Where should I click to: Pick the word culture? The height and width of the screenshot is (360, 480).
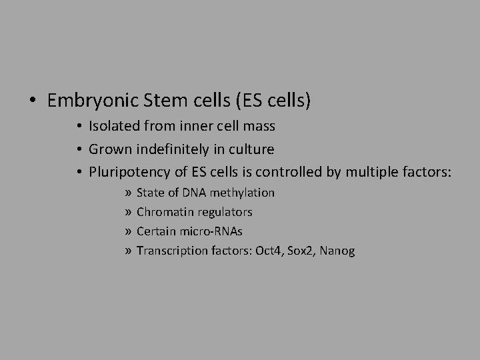coord(253,149)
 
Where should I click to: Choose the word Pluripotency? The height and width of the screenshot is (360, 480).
coord(127,173)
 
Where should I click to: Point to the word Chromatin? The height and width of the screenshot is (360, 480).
coord(163,212)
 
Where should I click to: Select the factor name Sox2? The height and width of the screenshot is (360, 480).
coord(297,251)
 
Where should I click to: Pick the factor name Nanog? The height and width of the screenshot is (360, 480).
coord(337,251)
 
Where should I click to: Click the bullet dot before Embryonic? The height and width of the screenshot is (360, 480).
coord(33,101)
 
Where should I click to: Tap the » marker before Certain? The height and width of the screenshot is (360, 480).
coord(127,231)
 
